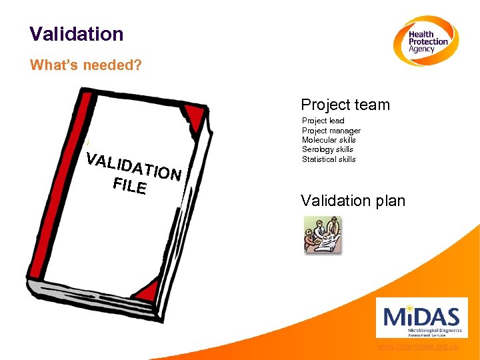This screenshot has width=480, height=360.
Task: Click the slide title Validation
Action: pos(77,34)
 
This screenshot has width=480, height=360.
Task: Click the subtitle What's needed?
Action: pos(86,66)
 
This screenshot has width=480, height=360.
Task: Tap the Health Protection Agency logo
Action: pos(424,41)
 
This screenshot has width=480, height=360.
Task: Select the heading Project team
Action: pos(345,105)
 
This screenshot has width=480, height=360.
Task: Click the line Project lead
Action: pos(323,121)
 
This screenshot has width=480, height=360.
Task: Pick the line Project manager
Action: pos(331,131)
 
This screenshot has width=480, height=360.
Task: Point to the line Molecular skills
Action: pos(329,140)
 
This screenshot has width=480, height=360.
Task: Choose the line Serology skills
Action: pos(327,149)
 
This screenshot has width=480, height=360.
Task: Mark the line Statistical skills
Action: pos(329,159)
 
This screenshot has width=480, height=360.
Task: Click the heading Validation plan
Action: pos(353,201)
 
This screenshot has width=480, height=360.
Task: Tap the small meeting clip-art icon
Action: pos(323,235)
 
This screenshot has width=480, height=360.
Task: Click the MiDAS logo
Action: pos(421,317)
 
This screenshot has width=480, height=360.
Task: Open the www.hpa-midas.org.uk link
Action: pos(418,347)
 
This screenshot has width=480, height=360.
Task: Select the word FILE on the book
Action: pos(130,185)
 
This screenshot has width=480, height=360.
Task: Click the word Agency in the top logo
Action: pos(421,49)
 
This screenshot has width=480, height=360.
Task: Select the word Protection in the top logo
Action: pos(428,41)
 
